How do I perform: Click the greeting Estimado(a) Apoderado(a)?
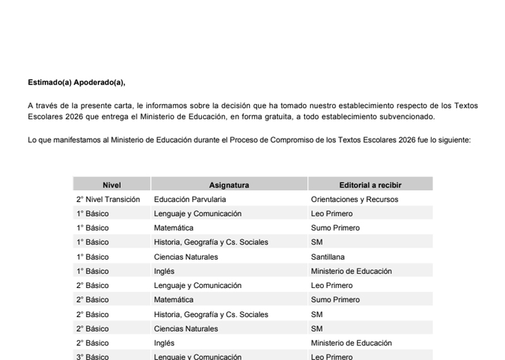pyautogui.click(x=76, y=82)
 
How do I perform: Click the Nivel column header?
pyautogui.click(x=112, y=185)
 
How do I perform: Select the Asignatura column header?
pyautogui.click(x=229, y=185)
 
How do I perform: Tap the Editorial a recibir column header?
pyautogui.click(x=370, y=185)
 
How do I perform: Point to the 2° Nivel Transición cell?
pyautogui.click(x=108, y=200)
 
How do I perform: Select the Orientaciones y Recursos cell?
pyautogui.click(x=354, y=200)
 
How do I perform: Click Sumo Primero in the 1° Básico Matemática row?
pyautogui.click(x=335, y=228)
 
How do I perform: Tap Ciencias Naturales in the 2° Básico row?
pyautogui.click(x=186, y=329)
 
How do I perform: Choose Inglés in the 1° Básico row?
pyautogui.click(x=164, y=272)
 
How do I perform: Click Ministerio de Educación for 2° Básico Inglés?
pyautogui.click(x=351, y=344)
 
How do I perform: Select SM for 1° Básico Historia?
pyautogui.click(x=317, y=243)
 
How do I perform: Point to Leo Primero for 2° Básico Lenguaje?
pyautogui.click(x=331, y=286)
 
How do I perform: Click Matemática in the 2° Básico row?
pyautogui.click(x=174, y=300)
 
